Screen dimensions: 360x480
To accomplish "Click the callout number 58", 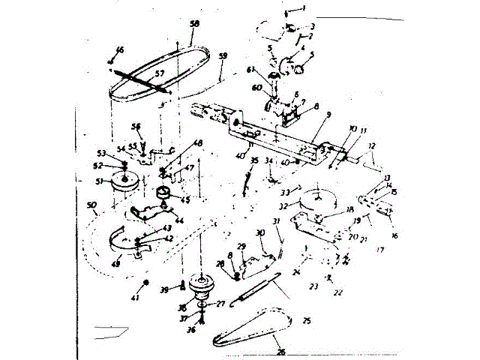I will (194, 24).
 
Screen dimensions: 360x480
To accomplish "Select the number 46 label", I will (119, 49).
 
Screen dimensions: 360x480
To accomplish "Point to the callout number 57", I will (158, 73).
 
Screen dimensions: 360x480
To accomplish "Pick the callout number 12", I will (371, 145).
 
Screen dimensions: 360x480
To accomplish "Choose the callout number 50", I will (92, 205).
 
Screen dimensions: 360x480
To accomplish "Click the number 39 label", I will (164, 289).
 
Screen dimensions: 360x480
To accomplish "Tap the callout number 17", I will (380, 250).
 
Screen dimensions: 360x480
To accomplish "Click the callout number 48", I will (197, 143).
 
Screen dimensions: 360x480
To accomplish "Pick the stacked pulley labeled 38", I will (202, 284).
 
